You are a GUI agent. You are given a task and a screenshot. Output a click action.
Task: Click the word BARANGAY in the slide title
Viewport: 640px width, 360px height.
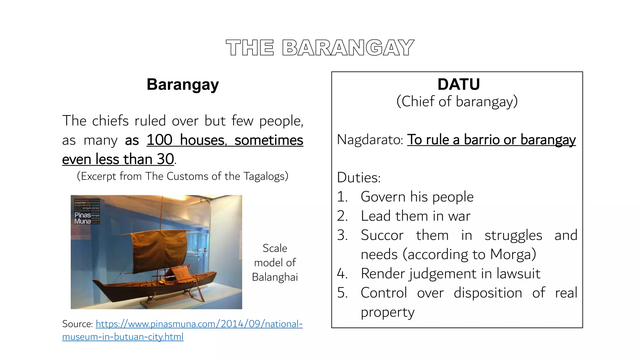(x=348, y=48)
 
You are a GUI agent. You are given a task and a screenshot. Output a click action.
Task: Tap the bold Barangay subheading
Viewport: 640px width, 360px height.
(x=183, y=85)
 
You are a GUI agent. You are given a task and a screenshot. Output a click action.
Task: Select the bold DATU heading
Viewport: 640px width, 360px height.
(x=458, y=84)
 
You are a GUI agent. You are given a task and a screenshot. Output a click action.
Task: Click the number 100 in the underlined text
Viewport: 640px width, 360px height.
(x=159, y=140)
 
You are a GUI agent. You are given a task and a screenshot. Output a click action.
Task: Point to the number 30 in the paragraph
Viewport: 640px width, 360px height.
(x=165, y=159)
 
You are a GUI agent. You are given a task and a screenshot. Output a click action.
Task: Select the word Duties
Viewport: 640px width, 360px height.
(x=359, y=178)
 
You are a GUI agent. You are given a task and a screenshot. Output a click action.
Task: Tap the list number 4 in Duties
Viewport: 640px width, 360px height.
(x=342, y=274)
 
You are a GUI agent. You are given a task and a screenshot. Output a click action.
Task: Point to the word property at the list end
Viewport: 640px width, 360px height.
(x=387, y=312)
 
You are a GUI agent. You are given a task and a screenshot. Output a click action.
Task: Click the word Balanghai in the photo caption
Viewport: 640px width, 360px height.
(x=275, y=277)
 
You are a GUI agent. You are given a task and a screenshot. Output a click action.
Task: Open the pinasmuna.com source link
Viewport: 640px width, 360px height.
(x=199, y=324)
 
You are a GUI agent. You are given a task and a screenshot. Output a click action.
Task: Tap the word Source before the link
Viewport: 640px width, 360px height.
(x=77, y=324)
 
